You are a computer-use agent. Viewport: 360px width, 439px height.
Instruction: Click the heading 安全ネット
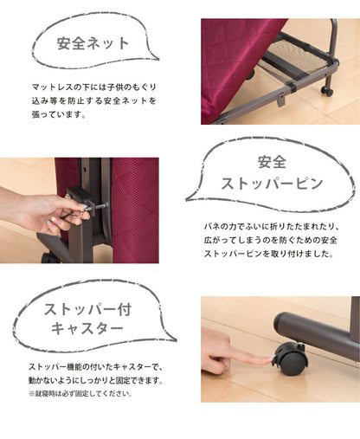point(93,42)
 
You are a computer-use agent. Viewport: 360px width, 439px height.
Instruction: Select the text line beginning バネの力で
point(272,225)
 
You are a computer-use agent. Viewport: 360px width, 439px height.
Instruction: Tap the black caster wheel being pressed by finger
point(288,356)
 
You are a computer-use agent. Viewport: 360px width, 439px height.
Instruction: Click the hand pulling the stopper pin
point(39,212)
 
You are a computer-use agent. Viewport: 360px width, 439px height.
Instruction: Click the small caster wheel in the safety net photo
point(327,90)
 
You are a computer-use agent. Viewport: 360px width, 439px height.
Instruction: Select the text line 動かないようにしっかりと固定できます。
point(94,380)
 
